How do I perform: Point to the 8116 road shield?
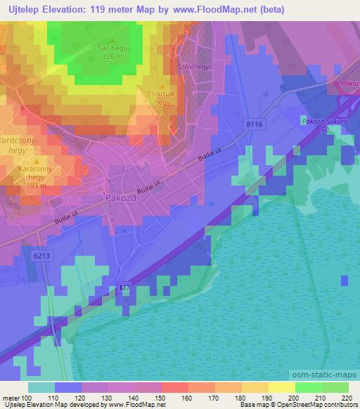[255, 124]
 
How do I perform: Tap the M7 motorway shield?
[124, 287]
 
